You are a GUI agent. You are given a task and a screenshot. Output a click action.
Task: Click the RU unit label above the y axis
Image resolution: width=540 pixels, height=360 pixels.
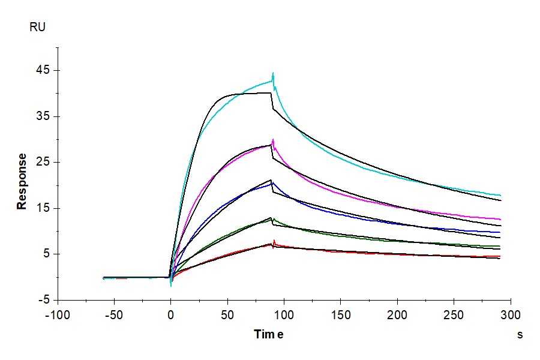click(x=37, y=27)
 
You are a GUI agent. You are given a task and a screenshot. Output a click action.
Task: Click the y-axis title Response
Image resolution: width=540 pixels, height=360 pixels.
click(x=22, y=181)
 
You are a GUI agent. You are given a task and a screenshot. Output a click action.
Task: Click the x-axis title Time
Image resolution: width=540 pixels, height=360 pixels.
click(x=268, y=335)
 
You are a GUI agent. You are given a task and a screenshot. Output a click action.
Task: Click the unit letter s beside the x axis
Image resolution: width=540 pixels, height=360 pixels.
click(x=520, y=335)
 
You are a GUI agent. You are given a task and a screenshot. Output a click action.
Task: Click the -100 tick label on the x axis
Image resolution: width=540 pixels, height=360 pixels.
click(x=58, y=315)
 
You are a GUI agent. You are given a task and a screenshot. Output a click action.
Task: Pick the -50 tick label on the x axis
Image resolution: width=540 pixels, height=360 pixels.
click(x=114, y=315)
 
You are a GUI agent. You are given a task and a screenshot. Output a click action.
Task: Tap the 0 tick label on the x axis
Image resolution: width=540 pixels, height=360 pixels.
click(x=171, y=315)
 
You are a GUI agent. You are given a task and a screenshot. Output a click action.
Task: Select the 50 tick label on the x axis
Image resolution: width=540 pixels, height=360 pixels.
click(x=227, y=315)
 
